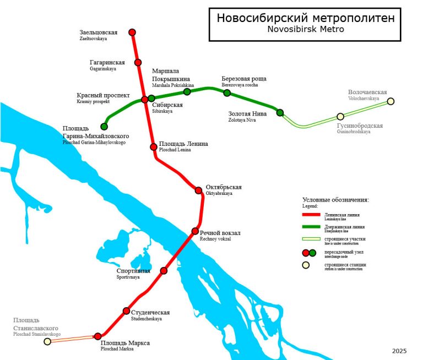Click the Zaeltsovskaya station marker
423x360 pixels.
click(132, 32)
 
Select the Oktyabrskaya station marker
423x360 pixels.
click(199, 190)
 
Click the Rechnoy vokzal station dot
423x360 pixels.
click(195, 231)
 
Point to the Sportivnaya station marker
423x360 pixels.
click(164, 270)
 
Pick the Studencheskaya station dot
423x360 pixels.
click(127, 311)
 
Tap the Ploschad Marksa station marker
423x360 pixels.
click(98, 336)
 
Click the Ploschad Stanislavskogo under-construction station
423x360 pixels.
click(47, 341)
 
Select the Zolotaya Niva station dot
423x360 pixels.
click(280, 113)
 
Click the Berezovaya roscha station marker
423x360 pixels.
click(227, 93)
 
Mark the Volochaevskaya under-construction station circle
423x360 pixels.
click(391, 101)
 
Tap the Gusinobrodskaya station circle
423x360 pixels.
click(340, 116)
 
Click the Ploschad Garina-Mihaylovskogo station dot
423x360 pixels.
click(104, 127)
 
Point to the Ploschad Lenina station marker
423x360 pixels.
click(154, 147)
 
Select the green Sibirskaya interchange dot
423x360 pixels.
click(151, 99)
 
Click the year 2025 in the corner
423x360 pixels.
click(400, 351)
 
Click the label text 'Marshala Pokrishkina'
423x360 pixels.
click(173, 86)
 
